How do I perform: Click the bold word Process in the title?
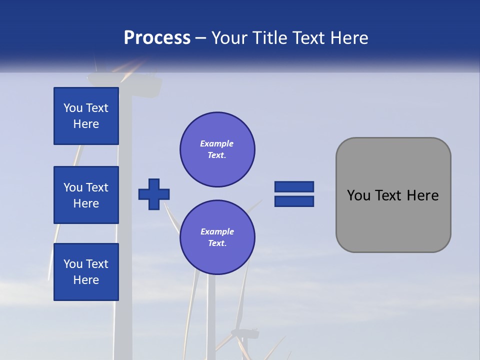click(x=157, y=38)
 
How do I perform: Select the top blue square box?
click(x=86, y=116)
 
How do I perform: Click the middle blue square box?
click(x=86, y=195)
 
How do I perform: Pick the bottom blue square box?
click(x=86, y=272)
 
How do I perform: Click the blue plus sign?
click(x=154, y=194)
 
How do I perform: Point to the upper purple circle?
click(x=217, y=149)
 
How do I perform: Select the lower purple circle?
click(x=217, y=237)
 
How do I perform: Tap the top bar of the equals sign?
click(x=294, y=187)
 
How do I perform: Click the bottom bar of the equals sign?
click(x=294, y=201)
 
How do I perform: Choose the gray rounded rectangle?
click(x=393, y=195)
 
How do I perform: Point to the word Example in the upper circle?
click(x=217, y=143)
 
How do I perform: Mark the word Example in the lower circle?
click(x=217, y=231)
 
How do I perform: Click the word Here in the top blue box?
click(x=86, y=124)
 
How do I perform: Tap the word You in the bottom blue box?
click(x=73, y=264)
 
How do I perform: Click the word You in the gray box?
click(x=358, y=195)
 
